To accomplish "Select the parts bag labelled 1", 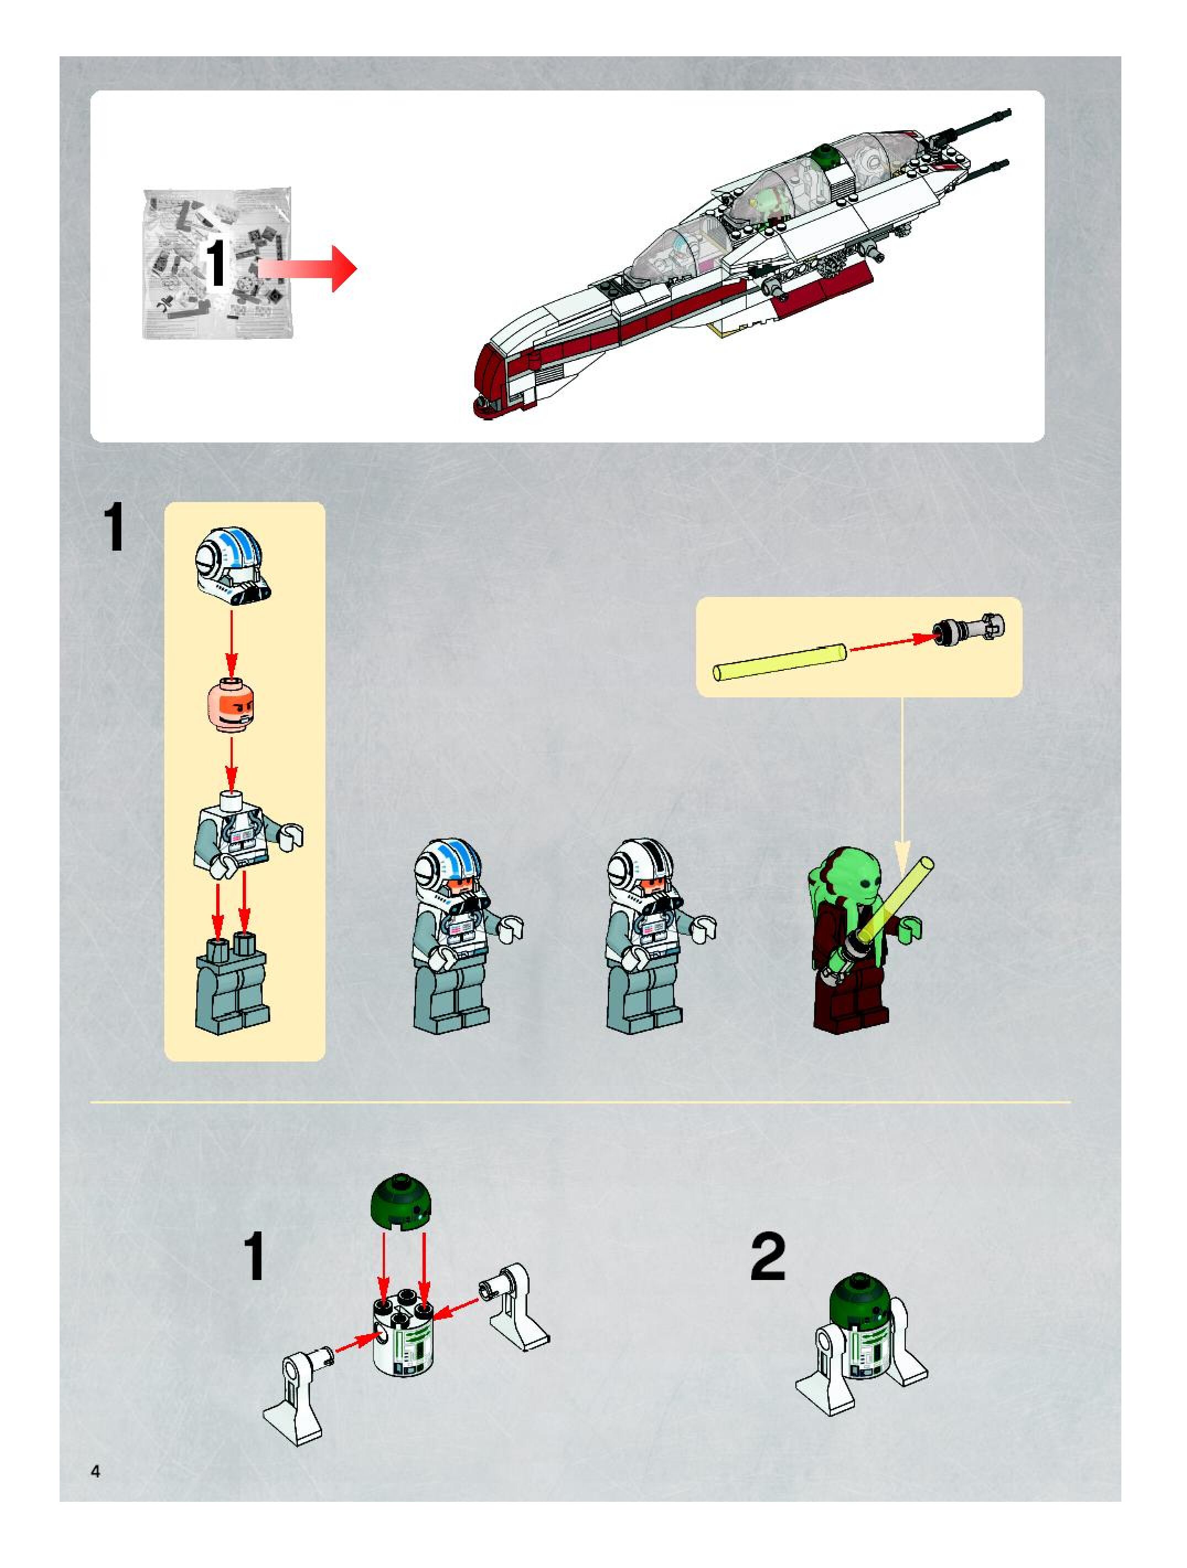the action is coord(217,263).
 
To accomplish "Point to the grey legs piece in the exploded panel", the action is coord(231,983).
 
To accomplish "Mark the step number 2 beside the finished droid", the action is coord(768,1256).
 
